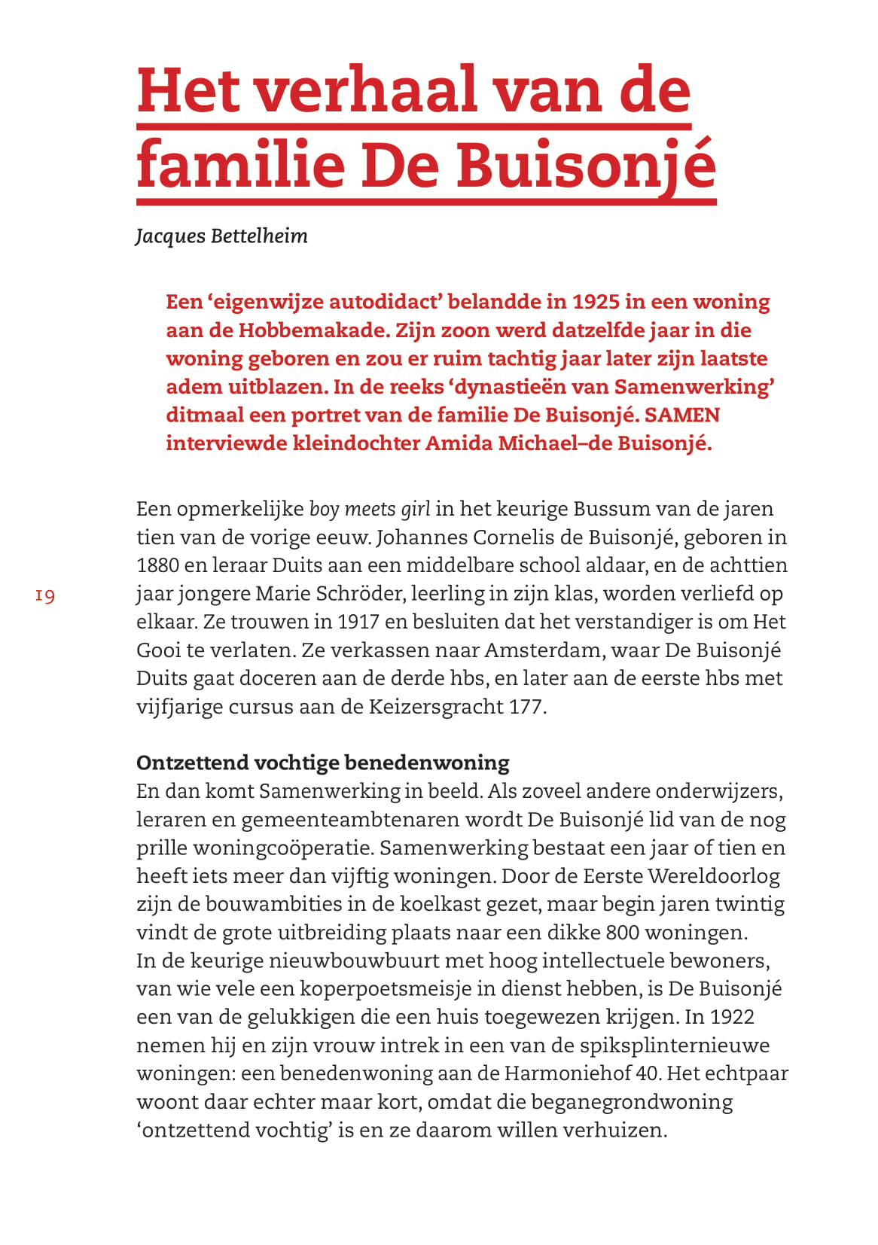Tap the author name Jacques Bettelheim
tap(221, 236)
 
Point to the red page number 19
tap(45, 596)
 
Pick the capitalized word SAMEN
tap(682, 415)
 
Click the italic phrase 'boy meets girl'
tap(370, 509)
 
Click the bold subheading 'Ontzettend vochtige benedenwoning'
tap(322, 763)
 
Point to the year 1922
tap(731, 1017)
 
